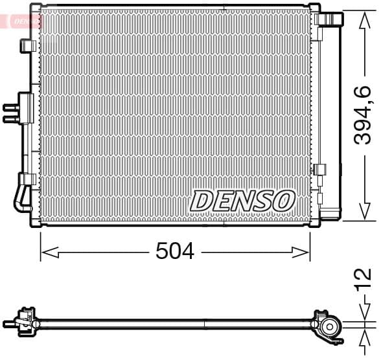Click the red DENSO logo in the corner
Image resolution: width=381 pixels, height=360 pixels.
pyautogui.click(x=22, y=21)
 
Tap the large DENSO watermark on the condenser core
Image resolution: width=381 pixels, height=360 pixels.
pyautogui.click(x=242, y=201)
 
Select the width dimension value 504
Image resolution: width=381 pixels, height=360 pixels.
pyautogui.click(x=174, y=251)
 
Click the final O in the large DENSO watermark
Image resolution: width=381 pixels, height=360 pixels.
pyautogui.click(x=284, y=201)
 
